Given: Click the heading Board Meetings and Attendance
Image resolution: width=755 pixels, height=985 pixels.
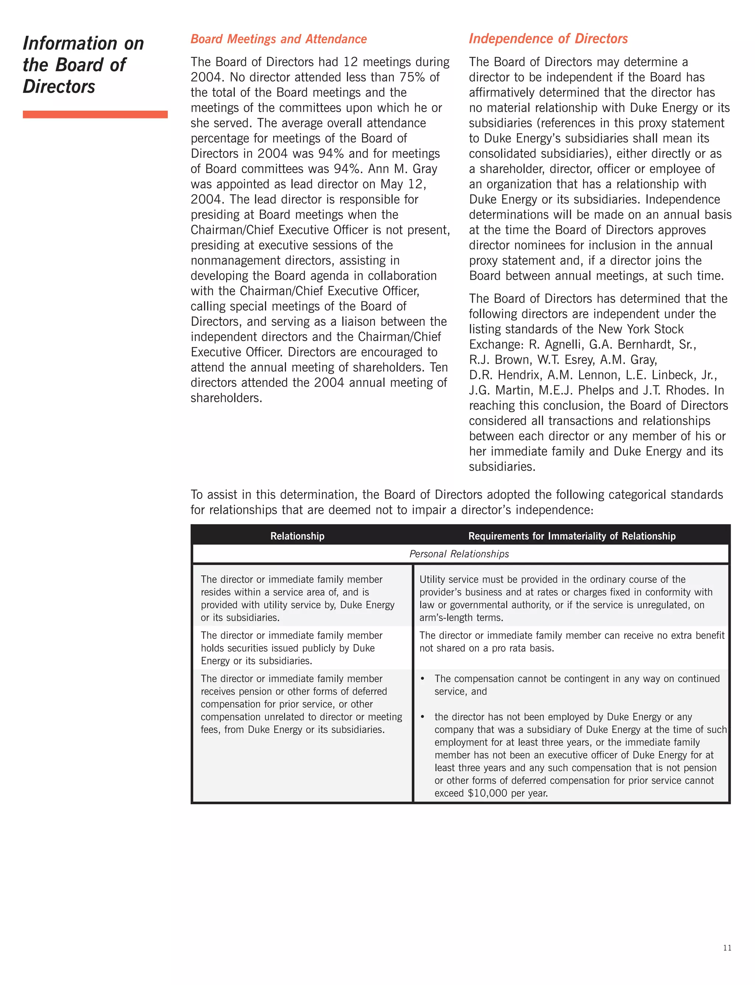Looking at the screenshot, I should pos(279,39).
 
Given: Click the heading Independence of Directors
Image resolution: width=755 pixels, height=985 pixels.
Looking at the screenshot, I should pos(548,39).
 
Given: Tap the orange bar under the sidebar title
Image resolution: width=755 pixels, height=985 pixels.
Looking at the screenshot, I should pos(95,114).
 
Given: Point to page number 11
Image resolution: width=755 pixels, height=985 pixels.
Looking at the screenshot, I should pos(727,948).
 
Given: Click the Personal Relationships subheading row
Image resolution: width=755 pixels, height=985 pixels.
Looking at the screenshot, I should pos(459,554).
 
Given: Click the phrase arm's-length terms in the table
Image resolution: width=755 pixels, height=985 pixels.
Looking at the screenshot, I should pos(461,617).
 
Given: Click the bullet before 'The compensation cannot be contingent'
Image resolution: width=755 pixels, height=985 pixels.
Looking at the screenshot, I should pos(422,679).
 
